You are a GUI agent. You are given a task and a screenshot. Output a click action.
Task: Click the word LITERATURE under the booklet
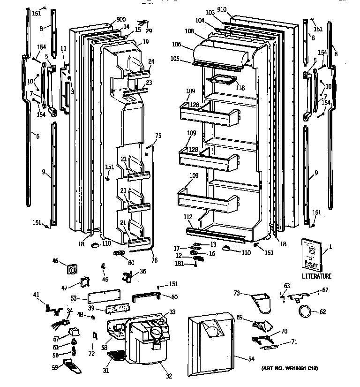point(316,276)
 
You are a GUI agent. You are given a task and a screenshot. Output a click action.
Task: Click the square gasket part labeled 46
point(73,269)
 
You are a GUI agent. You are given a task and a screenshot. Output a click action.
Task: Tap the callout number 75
point(158,136)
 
